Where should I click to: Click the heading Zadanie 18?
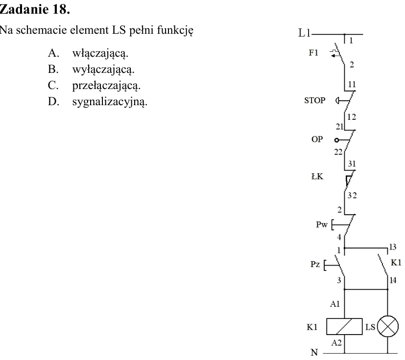coord(35,10)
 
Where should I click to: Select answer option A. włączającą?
coord(88,53)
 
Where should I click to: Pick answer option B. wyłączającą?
coord(91,69)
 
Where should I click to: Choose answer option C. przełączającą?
coord(94,86)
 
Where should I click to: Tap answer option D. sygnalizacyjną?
coord(97,101)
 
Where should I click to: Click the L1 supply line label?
coord(305,33)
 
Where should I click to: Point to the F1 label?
coord(313,53)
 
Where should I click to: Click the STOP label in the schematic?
coord(314,100)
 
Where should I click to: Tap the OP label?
coord(317,139)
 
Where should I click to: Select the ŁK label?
coord(317,177)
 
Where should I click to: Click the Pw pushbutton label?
coord(322,224)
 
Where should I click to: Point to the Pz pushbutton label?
coord(315,264)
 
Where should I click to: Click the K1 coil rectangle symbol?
coord(344,326)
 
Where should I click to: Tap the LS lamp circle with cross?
coord(387,326)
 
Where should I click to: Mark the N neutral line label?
coord(314,352)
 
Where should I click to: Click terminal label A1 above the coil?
coord(335,304)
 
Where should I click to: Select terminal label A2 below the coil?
coord(336,343)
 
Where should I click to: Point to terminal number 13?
coord(393,247)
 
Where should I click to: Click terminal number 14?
coord(393,280)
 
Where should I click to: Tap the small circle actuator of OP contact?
coord(336,140)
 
